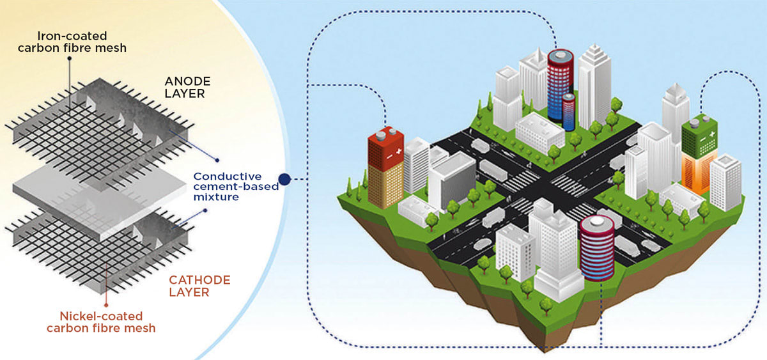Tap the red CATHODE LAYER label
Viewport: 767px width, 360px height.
[x=199, y=286]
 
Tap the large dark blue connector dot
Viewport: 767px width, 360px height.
[x=285, y=180]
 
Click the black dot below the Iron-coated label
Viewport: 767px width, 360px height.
[x=69, y=57]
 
